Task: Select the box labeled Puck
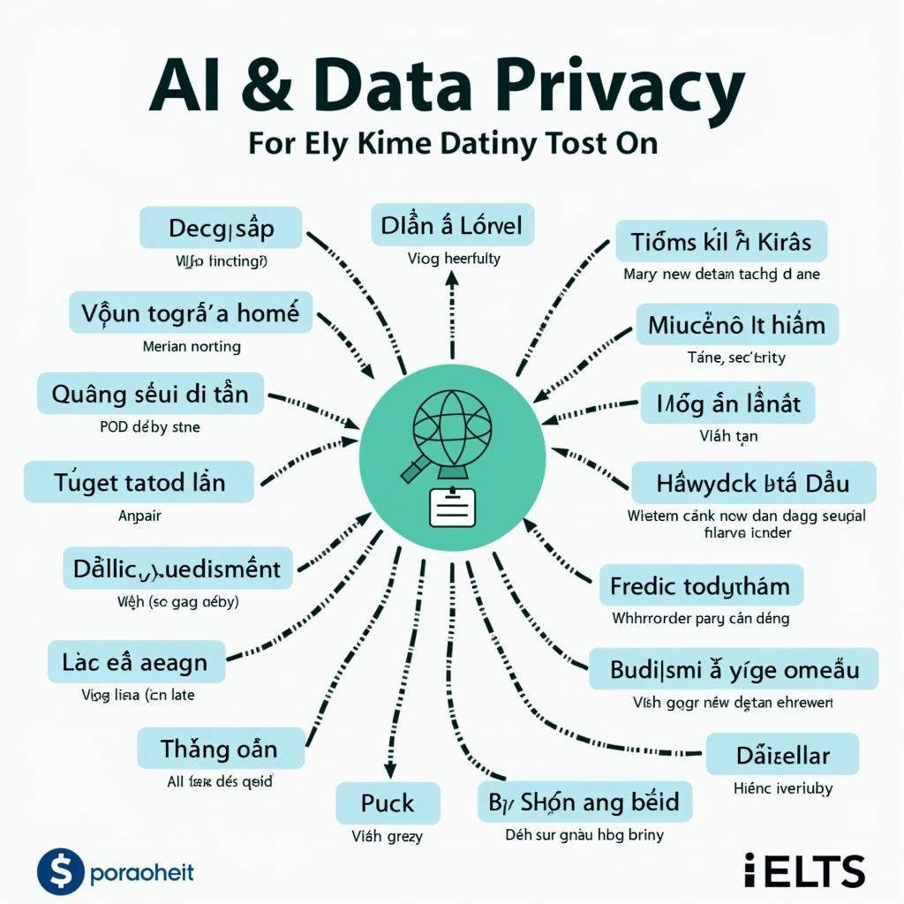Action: point(388,803)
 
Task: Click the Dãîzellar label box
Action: point(782,755)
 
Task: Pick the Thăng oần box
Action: point(220,750)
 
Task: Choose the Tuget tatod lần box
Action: point(139,483)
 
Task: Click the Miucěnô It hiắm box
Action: point(736,324)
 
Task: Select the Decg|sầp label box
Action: point(221,229)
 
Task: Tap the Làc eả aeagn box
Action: point(135,661)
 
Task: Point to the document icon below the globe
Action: point(452,507)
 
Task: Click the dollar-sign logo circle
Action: point(60,873)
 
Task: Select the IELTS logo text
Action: point(804,870)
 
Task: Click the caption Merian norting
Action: point(192,347)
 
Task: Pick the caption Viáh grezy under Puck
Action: point(388,835)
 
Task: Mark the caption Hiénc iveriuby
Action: point(782,788)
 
